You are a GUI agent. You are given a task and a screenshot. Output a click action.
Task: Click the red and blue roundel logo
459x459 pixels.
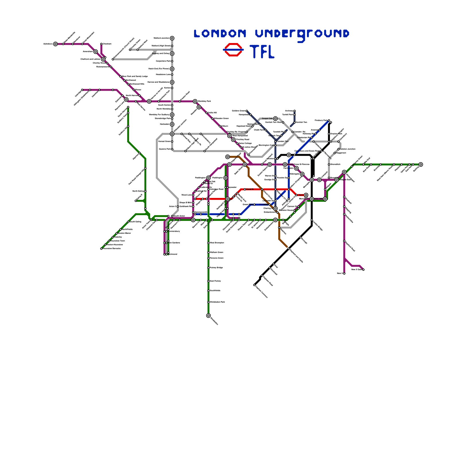pos(233,50)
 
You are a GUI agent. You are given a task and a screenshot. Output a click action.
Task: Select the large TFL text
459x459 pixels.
pos(262,52)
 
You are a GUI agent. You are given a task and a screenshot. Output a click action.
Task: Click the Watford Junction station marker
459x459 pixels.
pos(172,38)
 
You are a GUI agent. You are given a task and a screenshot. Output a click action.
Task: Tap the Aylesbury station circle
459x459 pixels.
pos(55,44)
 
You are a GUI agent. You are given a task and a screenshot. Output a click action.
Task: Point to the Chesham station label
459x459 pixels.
pos(107,44)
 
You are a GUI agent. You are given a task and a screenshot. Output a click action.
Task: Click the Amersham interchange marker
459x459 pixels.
pos(96,52)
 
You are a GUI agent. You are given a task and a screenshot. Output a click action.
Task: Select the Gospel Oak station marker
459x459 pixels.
pos(275,118)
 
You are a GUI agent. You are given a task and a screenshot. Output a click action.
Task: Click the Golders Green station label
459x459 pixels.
pos(238,111)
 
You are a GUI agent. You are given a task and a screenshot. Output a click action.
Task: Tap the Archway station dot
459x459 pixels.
pos(294,111)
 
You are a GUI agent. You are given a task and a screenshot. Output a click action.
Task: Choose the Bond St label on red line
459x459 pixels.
pos(250,189)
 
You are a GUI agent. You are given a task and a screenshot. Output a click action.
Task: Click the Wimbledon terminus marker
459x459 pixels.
pos(208,316)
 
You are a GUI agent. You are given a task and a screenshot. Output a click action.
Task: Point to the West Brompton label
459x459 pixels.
pos(217,243)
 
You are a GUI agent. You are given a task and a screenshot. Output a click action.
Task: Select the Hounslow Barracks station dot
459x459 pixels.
pos(101,248)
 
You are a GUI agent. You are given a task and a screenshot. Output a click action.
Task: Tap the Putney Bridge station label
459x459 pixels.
pos(216,268)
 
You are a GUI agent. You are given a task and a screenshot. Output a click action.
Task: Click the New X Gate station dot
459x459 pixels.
pos(363,270)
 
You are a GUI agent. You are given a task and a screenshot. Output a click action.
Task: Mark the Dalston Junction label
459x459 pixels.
pos(347,149)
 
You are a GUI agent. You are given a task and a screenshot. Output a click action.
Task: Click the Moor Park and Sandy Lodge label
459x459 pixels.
pos(135,76)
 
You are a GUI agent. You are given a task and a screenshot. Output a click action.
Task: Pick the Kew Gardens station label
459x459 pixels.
pos(174,243)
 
